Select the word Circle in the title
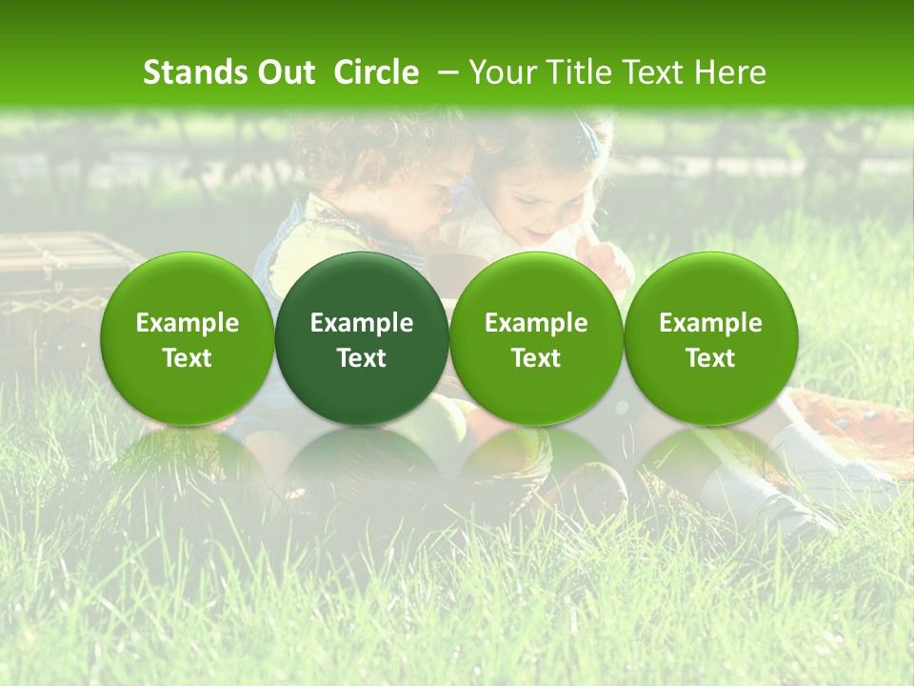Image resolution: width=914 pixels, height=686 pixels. pyautogui.click(x=376, y=72)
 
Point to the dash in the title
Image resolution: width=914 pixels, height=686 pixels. pyautogui.click(x=447, y=72)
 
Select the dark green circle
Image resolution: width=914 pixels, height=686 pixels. pyautogui.click(x=362, y=338)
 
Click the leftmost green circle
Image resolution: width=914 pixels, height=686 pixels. pyautogui.click(x=188, y=338)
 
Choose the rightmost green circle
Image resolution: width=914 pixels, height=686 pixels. pyautogui.click(x=710, y=338)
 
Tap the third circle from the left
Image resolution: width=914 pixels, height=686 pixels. pyautogui.click(x=536, y=338)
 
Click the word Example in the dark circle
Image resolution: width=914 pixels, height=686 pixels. pyautogui.click(x=362, y=323)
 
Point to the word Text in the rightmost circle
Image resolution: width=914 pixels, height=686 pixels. pyautogui.click(x=710, y=358)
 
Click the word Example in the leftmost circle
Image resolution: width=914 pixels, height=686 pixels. pyautogui.click(x=188, y=323)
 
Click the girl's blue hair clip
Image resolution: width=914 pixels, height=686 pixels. pyautogui.click(x=594, y=143)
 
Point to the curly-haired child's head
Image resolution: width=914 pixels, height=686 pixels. pyautogui.click(x=381, y=157)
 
